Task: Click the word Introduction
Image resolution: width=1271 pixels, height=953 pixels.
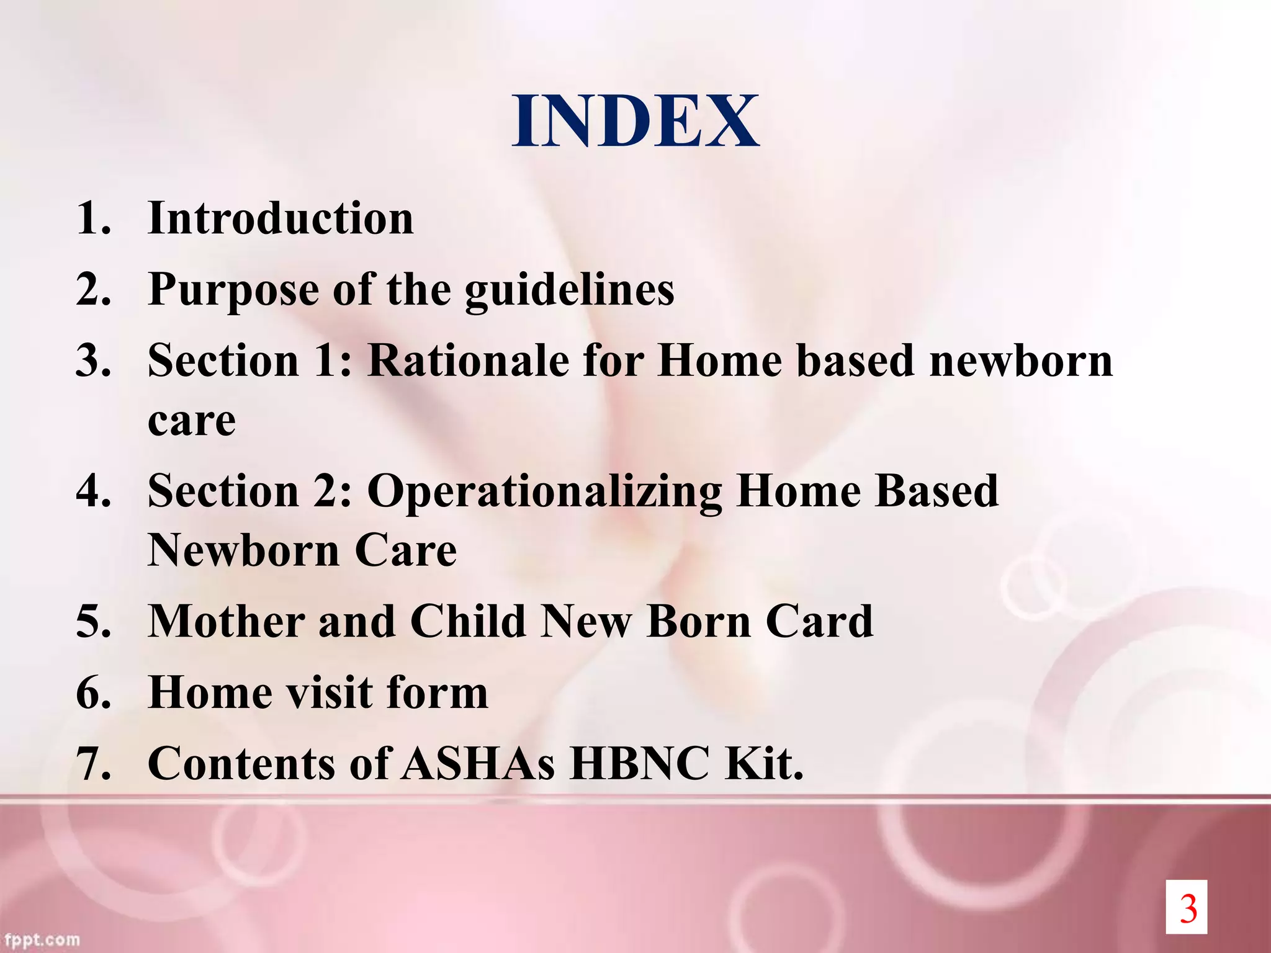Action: pyautogui.click(x=281, y=219)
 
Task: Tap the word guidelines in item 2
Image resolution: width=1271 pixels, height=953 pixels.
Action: pyautogui.click(x=569, y=290)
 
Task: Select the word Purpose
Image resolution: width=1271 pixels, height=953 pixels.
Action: pyautogui.click(x=233, y=290)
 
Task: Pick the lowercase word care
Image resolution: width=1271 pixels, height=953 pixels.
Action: pyautogui.click(x=192, y=421)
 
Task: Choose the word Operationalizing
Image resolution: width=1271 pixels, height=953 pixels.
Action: pyautogui.click(x=544, y=491)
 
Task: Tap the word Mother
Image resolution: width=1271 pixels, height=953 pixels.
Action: pyautogui.click(x=226, y=622)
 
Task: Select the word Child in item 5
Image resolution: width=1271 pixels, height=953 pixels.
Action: pyautogui.click(x=467, y=622)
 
